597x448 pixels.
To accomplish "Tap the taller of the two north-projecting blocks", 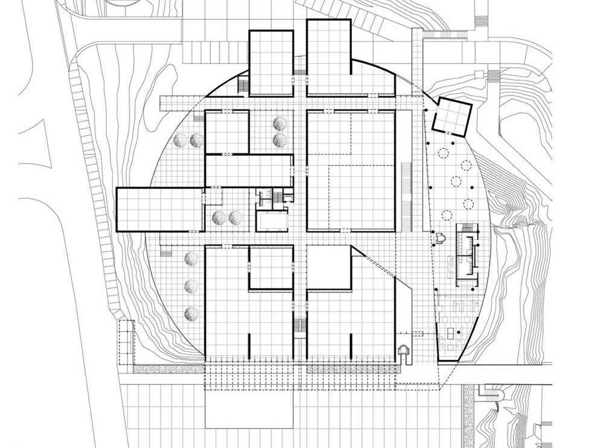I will (329, 57).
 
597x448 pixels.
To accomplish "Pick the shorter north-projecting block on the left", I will (271, 62).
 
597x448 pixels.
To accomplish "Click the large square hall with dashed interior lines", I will (351, 170).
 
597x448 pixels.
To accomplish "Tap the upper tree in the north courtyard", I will (279, 124).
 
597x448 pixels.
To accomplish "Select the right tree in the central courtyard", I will (236, 217).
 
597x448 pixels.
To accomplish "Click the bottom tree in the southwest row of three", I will (191, 313).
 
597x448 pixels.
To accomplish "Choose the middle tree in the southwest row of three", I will (191, 286).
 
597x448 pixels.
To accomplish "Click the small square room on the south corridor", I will (271, 267).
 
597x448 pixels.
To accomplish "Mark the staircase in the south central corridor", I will (300, 326).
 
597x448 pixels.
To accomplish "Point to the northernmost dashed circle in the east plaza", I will (444, 152).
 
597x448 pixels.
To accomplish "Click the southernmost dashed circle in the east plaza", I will (447, 213).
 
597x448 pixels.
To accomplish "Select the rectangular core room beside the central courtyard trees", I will (272, 222).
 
